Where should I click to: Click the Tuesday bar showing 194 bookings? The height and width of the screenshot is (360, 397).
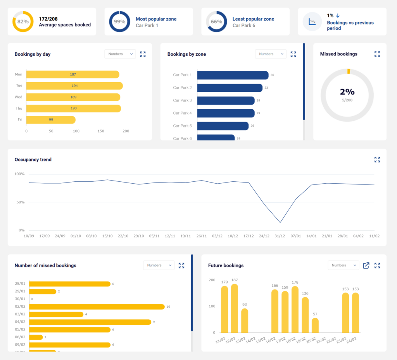point(74,86)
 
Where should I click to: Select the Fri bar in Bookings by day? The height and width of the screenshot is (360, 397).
point(51,120)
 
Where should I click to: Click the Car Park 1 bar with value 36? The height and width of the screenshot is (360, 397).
point(233,75)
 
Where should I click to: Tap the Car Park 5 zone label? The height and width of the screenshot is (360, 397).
point(182,126)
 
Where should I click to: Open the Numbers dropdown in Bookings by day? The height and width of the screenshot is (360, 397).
point(120,54)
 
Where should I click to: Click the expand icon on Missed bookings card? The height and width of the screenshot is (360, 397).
point(377,54)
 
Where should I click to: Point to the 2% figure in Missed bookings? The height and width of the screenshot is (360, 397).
point(347,92)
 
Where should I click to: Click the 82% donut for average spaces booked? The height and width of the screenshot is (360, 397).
point(23,22)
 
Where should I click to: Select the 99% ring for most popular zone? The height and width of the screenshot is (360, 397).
point(119,22)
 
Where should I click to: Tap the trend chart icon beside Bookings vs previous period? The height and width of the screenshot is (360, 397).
point(312,22)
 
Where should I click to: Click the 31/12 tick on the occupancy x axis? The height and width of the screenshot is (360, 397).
point(280,236)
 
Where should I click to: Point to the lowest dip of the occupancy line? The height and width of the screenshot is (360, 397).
point(280,222)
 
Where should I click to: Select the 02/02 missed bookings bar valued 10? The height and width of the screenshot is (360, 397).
point(97,307)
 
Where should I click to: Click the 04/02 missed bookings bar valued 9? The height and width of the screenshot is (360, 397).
point(90,322)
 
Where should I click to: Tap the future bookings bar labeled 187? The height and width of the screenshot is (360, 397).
point(235,308)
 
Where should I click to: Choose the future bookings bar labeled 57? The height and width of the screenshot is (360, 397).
point(315,325)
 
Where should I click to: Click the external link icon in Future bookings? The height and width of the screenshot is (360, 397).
point(366,265)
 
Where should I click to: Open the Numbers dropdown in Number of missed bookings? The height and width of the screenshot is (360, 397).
point(159,265)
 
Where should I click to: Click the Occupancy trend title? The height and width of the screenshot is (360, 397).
point(33,160)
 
